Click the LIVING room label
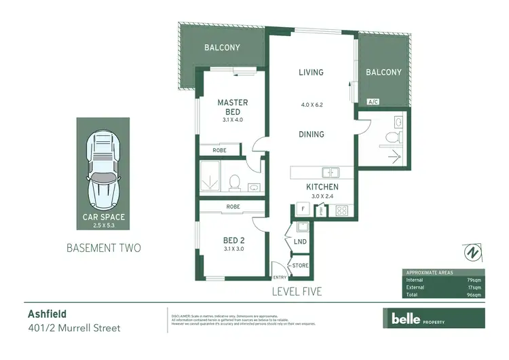(x=311, y=73)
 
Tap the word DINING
(x=311, y=134)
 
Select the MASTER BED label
(x=232, y=107)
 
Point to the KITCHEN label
(x=322, y=187)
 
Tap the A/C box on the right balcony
(x=373, y=102)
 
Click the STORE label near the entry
(x=299, y=266)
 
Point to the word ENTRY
(x=280, y=277)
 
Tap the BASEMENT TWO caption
(x=103, y=248)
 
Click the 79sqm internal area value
(x=472, y=279)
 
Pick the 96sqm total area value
(x=472, y=295)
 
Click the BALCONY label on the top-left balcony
(x=222, y=48)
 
